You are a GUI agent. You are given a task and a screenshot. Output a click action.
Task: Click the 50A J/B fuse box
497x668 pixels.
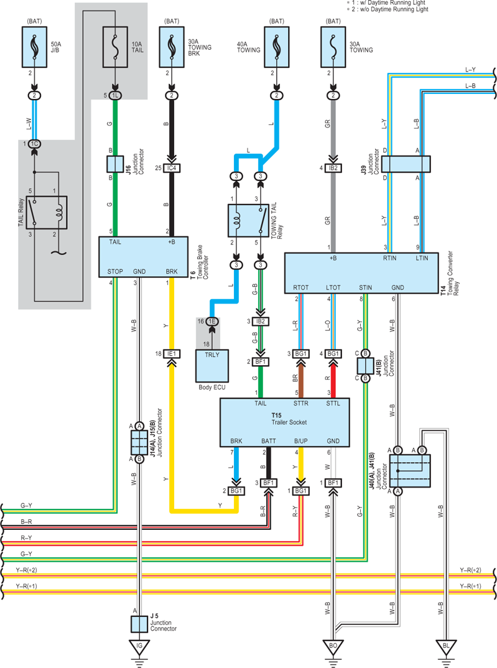pos(34,47)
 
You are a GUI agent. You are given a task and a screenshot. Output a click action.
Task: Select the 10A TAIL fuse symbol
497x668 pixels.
pos(115,47)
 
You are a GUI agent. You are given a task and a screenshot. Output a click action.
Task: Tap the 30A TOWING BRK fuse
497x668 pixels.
pos(172,47)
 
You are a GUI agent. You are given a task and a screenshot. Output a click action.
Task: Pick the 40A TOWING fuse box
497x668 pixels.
pos(276,47)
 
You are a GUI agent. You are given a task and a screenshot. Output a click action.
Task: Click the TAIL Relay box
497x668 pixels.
pos(47,212)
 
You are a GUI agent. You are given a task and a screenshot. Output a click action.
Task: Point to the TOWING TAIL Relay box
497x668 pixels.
pos(248,220)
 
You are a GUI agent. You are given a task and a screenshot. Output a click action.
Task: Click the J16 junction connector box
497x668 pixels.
pos(114,164)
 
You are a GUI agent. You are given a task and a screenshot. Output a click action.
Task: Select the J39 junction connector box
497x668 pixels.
pos(406,164)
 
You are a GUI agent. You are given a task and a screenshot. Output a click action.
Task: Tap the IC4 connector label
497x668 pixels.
pos(172,169)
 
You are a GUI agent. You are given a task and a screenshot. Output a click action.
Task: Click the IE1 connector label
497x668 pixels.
pos(172,354)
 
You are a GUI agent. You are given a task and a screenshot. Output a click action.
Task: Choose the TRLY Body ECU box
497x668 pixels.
pos(212,366)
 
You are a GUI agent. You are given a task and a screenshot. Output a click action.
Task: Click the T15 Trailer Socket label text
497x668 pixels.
pos(289,419)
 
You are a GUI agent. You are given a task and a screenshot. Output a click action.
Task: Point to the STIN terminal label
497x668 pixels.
pos(365,287)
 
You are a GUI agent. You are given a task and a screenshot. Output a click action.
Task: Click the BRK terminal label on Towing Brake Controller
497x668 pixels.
pos(172,271)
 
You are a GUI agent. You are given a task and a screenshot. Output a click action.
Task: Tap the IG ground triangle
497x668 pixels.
pos(139,647)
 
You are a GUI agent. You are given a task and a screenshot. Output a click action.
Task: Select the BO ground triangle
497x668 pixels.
pos(333,647)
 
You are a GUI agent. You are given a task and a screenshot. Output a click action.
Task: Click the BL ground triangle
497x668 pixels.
pos(446,647)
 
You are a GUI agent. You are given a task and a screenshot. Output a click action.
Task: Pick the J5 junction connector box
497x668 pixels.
pos(139,624)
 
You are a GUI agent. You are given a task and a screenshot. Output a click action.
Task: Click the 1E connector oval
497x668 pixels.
pos(212,321)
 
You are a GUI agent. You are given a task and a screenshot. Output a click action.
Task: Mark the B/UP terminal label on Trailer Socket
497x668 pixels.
pos(300,441)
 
